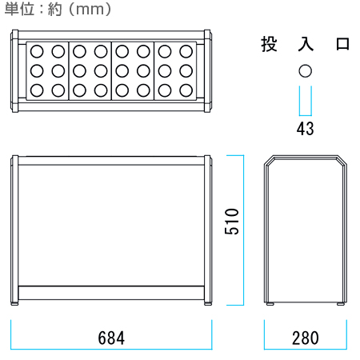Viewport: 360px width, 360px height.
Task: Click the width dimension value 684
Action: click(111, 338)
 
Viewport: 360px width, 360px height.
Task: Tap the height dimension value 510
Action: click(231, 222)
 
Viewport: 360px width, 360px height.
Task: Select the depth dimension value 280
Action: click(306, 338)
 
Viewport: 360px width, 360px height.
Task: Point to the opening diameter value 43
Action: click(306, 129)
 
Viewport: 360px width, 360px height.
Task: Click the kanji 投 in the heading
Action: click(269, 44)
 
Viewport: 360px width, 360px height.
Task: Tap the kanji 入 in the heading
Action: click(306, 44)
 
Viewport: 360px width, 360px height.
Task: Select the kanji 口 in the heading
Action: click(342, 44)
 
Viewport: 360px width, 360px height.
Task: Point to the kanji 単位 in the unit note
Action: click(19, 9)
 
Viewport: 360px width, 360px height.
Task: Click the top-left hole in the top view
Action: click(37, 51)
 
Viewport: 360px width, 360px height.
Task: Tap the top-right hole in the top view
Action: click(186, 51)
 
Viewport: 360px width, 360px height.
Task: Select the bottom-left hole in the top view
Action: click(37, 90)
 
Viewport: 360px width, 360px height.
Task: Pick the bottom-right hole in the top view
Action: click(186, 90)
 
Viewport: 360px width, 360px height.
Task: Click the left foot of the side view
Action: click(270, 303)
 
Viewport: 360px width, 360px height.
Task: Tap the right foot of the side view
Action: click(340, 303)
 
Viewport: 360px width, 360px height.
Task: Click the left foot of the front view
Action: click(14, 303)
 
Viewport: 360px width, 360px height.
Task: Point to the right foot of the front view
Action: click(208, 303)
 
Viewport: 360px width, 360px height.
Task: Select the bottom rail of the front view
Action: click(111, 293)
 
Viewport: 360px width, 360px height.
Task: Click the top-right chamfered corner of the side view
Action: click(342, 160)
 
